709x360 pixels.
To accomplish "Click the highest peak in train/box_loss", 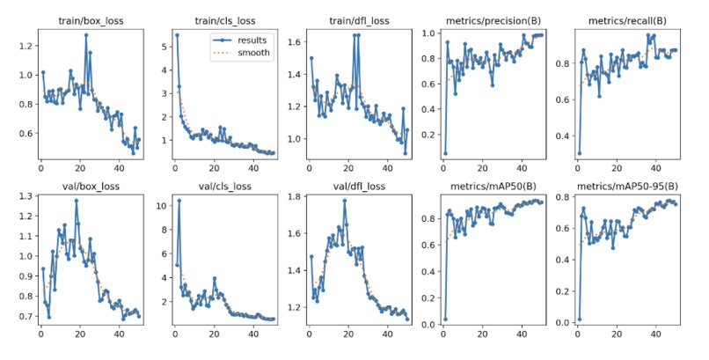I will click(86, 35).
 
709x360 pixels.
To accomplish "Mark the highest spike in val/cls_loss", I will click(179, 201).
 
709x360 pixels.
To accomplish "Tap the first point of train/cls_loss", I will click(176, 35).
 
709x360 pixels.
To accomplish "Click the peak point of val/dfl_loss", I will click(344, 201).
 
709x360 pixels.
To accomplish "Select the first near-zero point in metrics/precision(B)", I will click(444, 153).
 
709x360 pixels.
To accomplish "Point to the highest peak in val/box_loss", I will click(77, 201).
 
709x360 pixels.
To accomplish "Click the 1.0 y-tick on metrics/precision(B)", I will click(428, 33).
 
